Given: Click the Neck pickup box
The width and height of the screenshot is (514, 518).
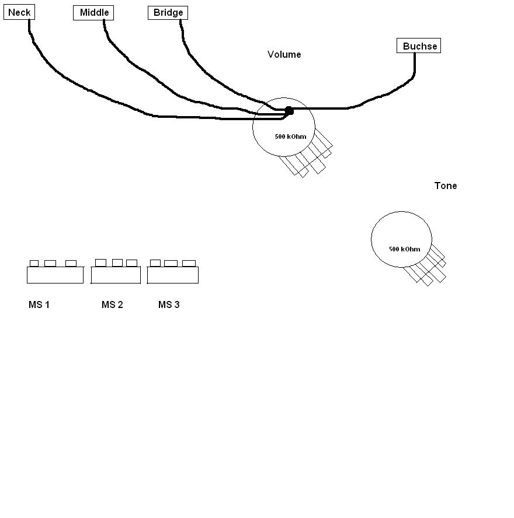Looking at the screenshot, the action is point(19,12).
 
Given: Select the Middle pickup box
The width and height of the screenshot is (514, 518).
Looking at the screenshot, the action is point(93,13).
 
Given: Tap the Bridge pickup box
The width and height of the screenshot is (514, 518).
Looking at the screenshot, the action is point(168,13).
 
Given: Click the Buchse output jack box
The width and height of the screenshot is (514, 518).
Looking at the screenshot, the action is point(419,45).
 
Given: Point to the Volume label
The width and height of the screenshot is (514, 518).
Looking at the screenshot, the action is point(284,54).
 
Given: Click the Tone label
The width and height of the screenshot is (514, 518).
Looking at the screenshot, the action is point(446,185).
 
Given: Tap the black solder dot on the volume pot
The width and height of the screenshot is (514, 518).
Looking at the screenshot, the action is point(289,111).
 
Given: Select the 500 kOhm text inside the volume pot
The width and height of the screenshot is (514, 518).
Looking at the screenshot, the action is point(290,136).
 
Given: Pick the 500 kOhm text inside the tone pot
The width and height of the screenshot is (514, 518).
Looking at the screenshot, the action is point(405,249).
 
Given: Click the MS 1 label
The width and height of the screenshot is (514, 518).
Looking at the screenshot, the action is point(39,304).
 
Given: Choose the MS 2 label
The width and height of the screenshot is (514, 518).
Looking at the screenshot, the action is point(112,304).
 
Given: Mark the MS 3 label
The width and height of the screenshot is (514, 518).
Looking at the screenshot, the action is point(169,304).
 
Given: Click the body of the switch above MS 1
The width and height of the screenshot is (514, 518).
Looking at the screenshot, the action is point(55,275).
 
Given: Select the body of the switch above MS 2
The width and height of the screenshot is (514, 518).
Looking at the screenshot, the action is point(116,275).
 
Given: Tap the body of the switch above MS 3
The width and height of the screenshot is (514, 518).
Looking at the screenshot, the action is point(173,275).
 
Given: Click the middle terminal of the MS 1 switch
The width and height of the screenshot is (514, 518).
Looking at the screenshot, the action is point(50,263).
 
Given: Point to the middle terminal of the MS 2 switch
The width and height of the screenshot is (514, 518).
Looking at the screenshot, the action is point(117,262).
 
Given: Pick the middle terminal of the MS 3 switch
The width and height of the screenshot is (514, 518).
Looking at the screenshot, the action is point(171,263).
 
